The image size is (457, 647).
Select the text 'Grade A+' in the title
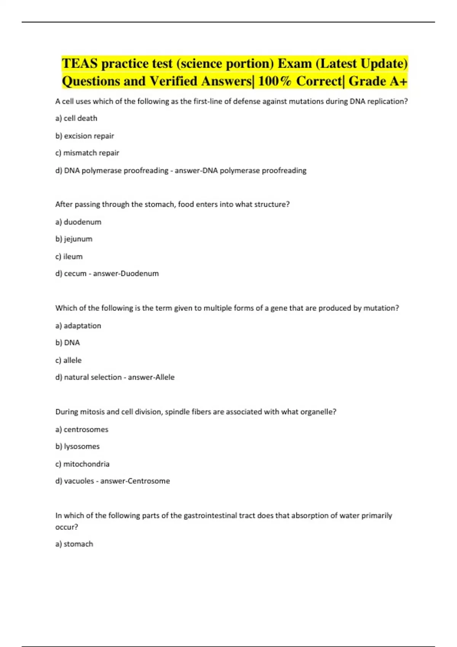pyautogui.click(x=378, y=81)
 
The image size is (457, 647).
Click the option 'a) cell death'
pyautogui.click(x=76, y=118)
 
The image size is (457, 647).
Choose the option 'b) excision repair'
pyautogui.click(x=85, y=136)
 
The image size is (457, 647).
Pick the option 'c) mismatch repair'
pyautogui.click(x=87, y=153)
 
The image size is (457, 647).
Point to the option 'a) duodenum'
pyautogui.click(x=78, y=222)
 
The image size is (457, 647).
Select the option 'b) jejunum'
pyautogui.click(x=74, y=239)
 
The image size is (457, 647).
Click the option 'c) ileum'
pyautogui.click(x=69, y=257)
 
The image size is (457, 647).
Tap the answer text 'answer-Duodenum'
pyautogui.click(x=126, y=274)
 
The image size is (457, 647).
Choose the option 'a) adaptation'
pyautogui.click(x=78, y=326)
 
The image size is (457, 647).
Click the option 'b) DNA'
pyautogui.click(x=67, y=343)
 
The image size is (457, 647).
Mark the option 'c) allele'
pyautogui.click(x=69, y=360)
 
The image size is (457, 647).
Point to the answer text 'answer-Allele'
pyautogui.click(x=151, y=378)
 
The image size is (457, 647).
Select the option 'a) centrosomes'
pyautogui.click(x=82, y=430)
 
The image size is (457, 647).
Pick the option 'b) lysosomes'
pyautogui.click(x=77, y=447)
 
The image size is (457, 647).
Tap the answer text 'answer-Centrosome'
pyautogui.click(x=135, y=481)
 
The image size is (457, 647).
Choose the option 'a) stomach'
pyautogui.click(x=74, y=544)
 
